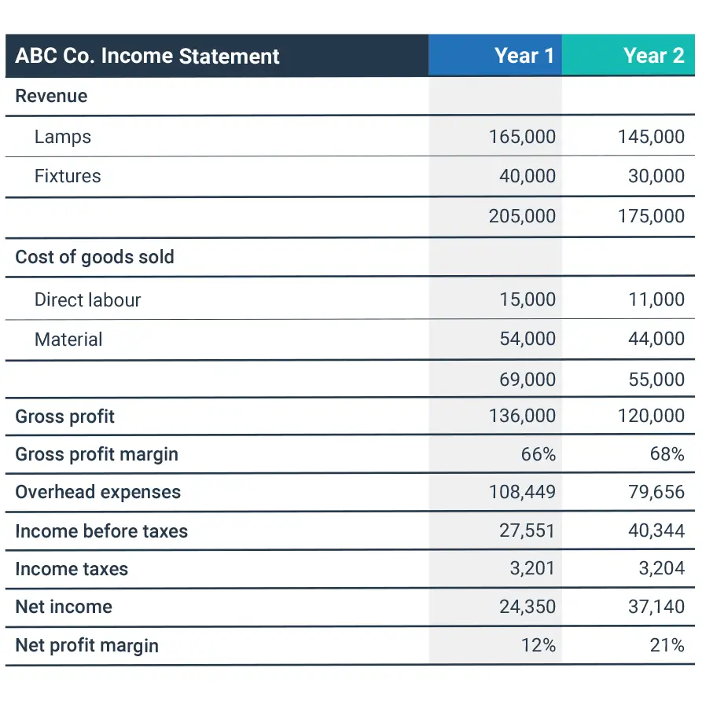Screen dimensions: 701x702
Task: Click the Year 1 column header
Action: pos(524,56)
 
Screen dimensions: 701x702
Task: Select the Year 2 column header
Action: pos(653,56)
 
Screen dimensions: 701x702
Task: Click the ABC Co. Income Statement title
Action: pos(148,57)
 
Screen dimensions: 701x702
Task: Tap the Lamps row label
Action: pos(63,137)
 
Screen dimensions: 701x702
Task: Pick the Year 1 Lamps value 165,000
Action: pos(522,137)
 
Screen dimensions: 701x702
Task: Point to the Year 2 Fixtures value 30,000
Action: pos(656,176)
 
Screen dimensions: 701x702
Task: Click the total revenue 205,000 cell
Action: pos(522,216)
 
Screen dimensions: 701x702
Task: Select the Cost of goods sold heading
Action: pos(94,257)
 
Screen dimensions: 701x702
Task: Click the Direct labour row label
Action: pos(87,299)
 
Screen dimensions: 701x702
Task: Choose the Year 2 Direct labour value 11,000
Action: pos(656,299)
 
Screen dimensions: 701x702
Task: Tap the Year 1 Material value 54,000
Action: pos(527,339)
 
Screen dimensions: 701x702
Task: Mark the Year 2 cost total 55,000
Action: pos(656,380)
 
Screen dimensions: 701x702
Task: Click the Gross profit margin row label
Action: pos(97,454)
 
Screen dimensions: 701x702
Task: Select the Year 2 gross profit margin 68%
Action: pos(667,454)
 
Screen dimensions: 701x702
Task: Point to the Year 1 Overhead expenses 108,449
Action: pos(522,492)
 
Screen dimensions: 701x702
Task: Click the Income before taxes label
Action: pos(101,531)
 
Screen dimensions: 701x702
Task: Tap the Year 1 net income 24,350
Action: pos(527,607)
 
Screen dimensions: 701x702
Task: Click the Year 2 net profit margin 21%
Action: pos(667,645)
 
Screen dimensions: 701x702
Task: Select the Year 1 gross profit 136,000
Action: pos(522,416)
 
